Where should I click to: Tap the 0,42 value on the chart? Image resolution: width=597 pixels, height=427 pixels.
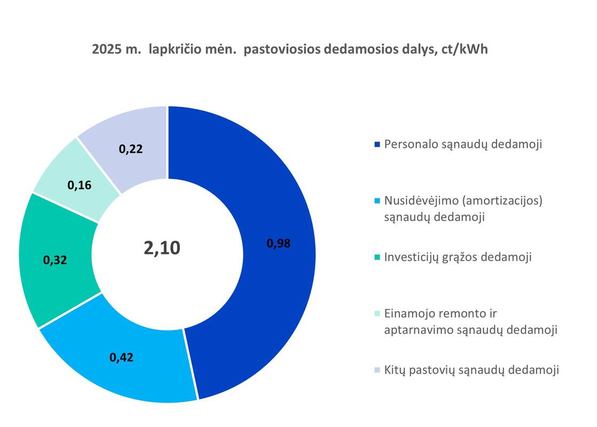(121, 357)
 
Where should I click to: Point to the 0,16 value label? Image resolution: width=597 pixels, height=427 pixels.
(80, 185)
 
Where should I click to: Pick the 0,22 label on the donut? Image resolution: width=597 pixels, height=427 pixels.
(131, 149)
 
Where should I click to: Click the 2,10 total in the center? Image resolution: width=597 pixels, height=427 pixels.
(162, 248)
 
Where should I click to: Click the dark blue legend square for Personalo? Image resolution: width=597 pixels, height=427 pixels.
(378, 144)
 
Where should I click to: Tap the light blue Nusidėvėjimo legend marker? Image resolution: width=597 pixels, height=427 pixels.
(378, 201)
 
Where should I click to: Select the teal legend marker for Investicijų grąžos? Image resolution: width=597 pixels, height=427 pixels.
(378, 257)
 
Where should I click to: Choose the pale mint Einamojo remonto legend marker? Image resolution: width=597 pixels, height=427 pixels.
(378, 314)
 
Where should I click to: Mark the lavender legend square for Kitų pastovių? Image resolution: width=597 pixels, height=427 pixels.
(378, 370)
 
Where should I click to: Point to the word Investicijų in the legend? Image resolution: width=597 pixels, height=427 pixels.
(413, 257)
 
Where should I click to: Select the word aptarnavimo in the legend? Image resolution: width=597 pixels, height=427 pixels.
(417, 330)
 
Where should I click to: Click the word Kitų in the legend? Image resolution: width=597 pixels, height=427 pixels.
(395, 370)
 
